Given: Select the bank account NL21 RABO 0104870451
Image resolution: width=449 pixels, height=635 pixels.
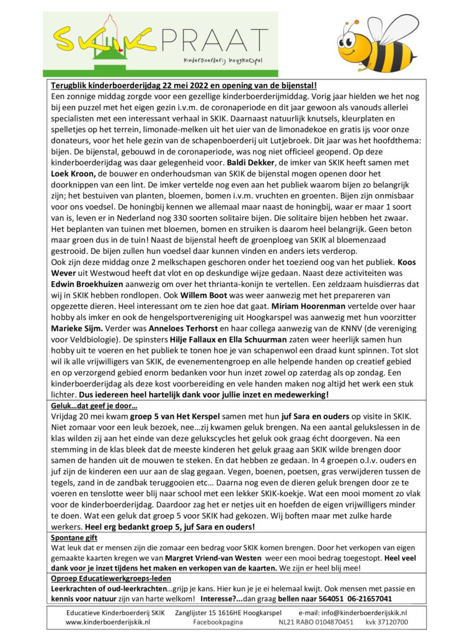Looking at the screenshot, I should [x=316, y=621].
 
